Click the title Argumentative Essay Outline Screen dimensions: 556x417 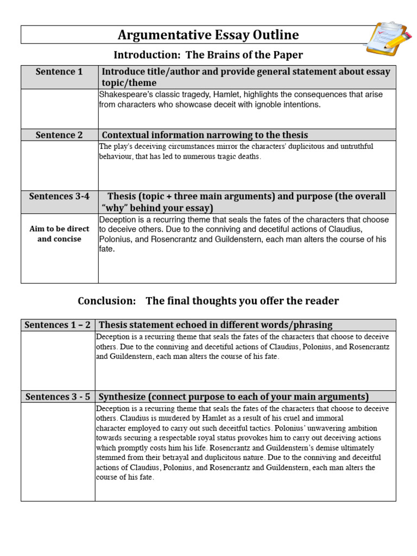point(208,35)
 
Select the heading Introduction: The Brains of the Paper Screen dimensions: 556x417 point(208,55)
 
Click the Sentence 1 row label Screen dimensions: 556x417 point(59,72)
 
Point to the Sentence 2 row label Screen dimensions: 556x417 point(59,135)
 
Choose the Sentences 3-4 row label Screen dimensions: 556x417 point(59,197)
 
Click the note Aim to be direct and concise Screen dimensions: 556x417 point(59,234)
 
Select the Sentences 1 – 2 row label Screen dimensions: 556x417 point(58,325)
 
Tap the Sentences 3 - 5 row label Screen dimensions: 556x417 point(58,396)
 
